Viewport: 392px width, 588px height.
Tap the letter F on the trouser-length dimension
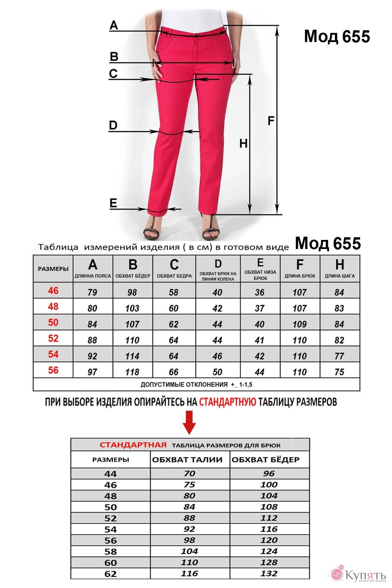click(271, 121)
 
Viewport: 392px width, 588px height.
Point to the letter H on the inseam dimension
click(243, 143)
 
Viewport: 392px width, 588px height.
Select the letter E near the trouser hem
click(113, 203)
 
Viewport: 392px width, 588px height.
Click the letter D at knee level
click(113, 125)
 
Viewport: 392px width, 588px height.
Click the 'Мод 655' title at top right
click(337, 36)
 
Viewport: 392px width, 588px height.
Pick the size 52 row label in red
click(53, 338)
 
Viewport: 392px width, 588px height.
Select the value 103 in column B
click(132, 308)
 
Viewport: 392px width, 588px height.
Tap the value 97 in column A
click(92, 372)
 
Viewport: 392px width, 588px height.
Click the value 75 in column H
click(339, 372)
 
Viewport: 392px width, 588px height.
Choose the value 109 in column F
click(299, 324)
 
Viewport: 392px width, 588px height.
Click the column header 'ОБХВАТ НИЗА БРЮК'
click(260, 275)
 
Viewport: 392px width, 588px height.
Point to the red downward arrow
click(189, 423)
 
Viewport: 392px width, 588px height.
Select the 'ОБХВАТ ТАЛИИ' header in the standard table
click(187, 460)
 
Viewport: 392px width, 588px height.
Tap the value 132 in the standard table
click(269, 573)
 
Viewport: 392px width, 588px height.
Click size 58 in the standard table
click(111, 552)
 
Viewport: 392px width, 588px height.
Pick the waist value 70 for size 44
click(189, 474)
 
